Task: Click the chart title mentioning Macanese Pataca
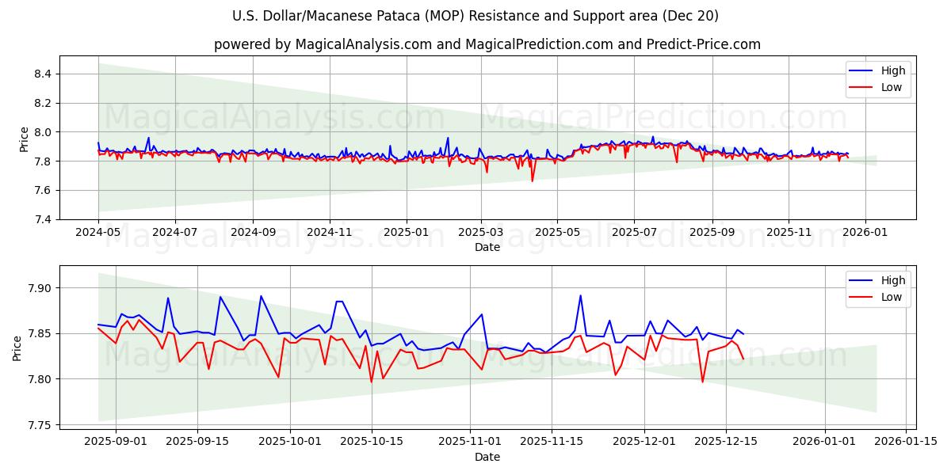pyautogui.click(x=475, y=16)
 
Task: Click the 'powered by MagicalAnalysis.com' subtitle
pyautogui.click(x=487, y=44)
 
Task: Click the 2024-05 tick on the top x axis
pyautogui.click(x=98, y=234)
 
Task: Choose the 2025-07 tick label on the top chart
pyautogui.click(x=634, y=234)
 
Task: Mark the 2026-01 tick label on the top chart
pyautogui.click(x=865, y=234)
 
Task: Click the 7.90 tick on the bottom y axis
pyautogui.click(x=39, y=288)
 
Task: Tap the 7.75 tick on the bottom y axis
pyautogui.click(x=39, y=425)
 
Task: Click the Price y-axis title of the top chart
pyautogui.click(x=24, y=139)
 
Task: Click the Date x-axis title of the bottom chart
pyautogui.click(x=487, y=457)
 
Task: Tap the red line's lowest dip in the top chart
pyautogui.click(x=533, y=181)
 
